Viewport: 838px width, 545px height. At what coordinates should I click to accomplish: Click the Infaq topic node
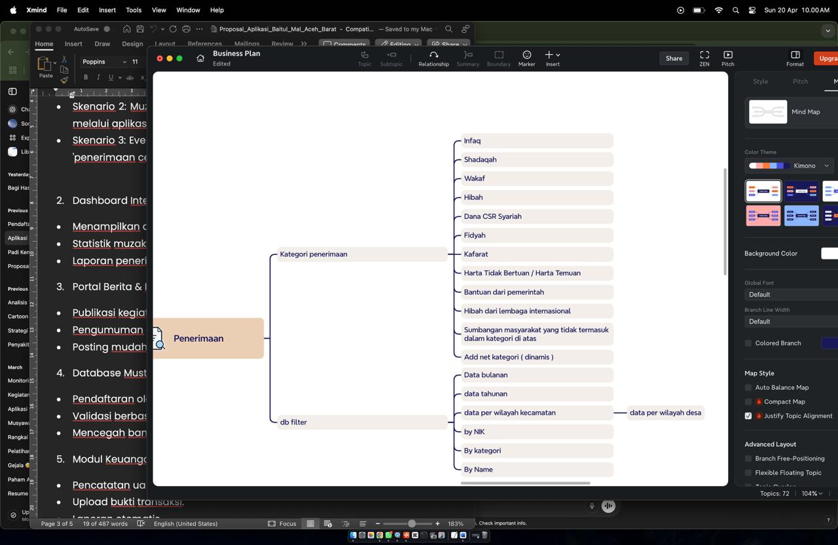point(472,141)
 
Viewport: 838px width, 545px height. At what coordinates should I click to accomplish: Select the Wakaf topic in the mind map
point(474,178)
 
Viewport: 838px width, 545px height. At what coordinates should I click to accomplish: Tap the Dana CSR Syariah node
point(492,216)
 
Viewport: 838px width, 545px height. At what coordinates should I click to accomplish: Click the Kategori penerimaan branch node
point(314,254)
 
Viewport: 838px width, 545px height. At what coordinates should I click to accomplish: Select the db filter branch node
point(293,423)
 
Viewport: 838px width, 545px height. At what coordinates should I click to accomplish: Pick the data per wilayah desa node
point(665,413)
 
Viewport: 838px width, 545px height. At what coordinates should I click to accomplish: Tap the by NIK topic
point(474,432)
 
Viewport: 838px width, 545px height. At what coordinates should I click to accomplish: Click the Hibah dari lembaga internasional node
point(517,311)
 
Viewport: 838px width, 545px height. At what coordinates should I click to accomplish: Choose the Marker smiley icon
point(526,55)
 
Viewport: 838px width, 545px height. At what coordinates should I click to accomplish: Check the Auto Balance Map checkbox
point(748,388)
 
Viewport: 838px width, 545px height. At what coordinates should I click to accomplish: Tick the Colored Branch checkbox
point(748,343)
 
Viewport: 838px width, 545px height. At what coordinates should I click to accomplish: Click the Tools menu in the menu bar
point(134,10)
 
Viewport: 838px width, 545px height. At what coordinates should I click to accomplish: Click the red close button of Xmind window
point(160,58)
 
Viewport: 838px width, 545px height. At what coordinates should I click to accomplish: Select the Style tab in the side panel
point(760,81)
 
